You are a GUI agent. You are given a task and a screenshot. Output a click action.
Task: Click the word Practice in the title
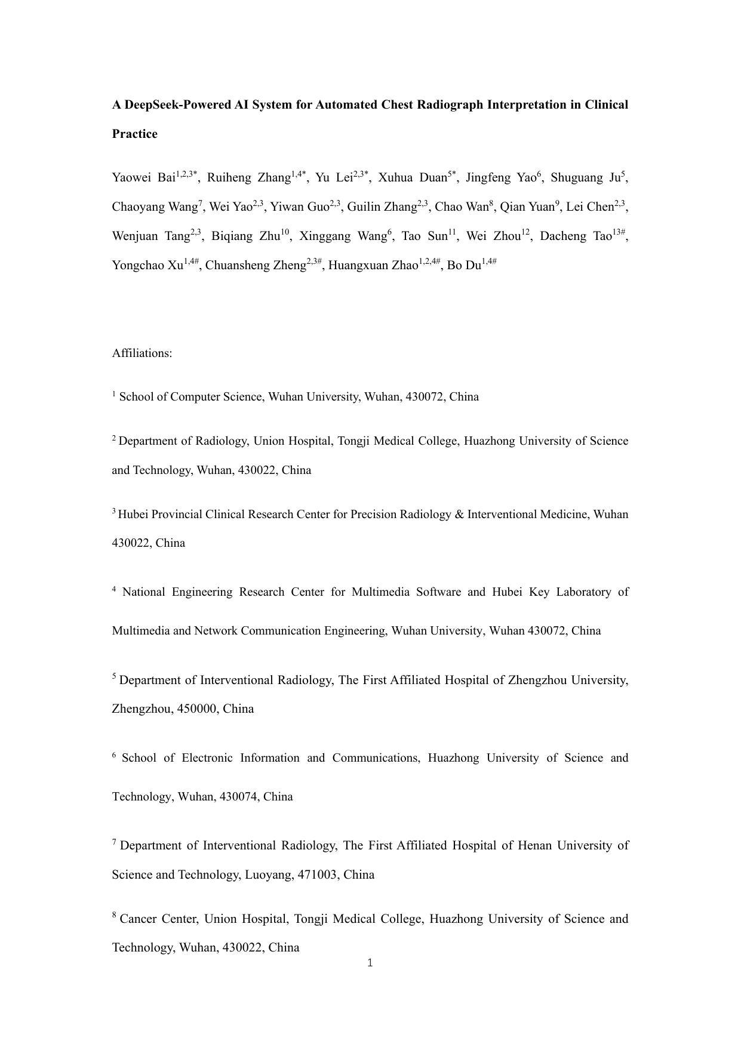[x=135, y=134]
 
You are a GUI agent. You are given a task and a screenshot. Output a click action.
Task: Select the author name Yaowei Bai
[x=143, y=178]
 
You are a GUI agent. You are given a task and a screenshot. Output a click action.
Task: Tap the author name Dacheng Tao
[x=576, y=236]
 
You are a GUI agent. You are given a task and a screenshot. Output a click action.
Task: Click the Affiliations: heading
[x=142, y=353]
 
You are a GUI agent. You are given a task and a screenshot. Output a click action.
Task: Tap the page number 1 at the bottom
[x=370, y=963]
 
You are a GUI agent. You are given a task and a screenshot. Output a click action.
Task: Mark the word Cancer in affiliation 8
[x=137, y=919]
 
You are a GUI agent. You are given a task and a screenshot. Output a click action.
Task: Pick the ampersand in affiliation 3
[x=459, y=515]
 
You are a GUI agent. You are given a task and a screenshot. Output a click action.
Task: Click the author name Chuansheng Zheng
[x=256, y=266]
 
